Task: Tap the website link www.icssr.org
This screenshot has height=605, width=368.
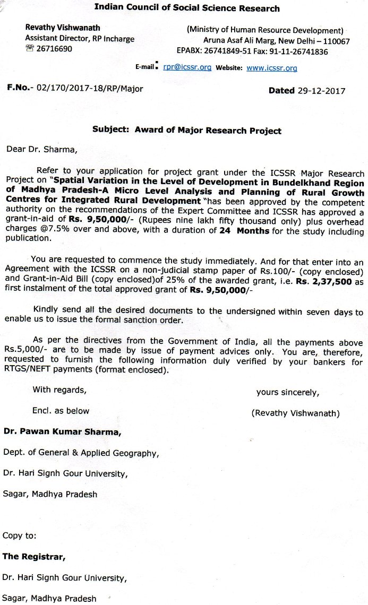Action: click(x=271, y=68)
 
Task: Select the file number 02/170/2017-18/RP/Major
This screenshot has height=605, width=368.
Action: click(x=89, y=89)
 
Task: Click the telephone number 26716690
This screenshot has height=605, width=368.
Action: click(x=55, y=49)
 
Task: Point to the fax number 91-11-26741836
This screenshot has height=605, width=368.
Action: click(x=299, y=51)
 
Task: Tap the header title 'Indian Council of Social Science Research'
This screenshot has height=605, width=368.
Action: click(x=186, y=8)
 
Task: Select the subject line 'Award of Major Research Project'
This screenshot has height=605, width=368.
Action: click(x=208, y=130)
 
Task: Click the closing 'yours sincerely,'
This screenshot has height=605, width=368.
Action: click(x=287, y=392)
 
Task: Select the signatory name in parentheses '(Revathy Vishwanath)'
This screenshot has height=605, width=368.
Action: click(x=295, y=413)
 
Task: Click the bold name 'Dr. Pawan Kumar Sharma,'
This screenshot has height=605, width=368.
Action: click(x=63, y=432)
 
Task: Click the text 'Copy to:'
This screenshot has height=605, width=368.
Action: click(x=20, y=535)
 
